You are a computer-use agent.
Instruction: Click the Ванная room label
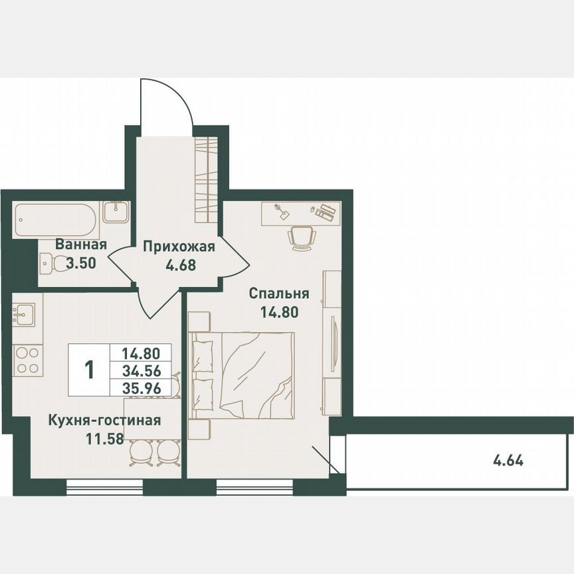81,244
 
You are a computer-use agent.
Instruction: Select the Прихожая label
179,248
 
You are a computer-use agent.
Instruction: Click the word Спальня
280,293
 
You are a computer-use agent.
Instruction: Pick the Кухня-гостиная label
104,420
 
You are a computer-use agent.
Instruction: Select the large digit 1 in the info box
90,369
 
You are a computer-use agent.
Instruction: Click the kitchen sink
25,313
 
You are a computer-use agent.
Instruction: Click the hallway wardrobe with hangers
207,179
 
